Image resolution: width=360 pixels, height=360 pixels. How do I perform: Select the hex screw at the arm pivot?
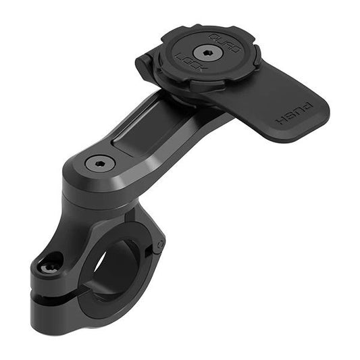point(100,163)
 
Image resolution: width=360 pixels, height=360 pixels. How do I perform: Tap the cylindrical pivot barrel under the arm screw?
point(95,192)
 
